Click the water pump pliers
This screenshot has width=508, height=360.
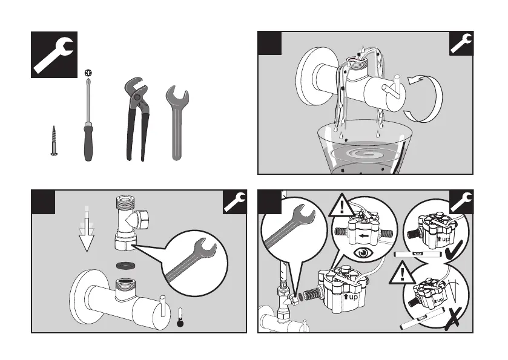[x=136, y=118]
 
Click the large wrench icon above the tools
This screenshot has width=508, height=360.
[x=54, y=54]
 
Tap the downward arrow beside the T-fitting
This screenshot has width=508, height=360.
[x=87, y=230]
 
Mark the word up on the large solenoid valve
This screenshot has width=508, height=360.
[x=351, y=298]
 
